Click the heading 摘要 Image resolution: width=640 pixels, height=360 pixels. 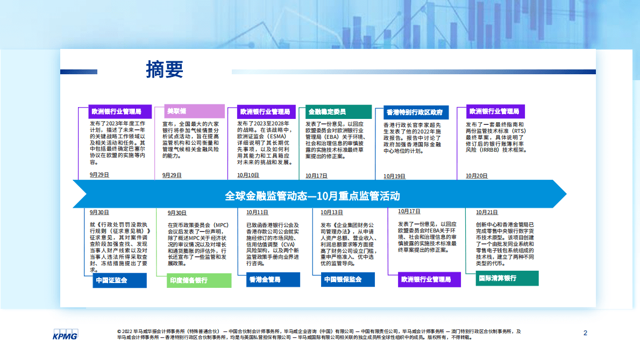click(x=165, y=69)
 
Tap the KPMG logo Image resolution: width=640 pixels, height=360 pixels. click(x=65, y=334)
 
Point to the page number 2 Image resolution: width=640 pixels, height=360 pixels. click(x=585, y=333)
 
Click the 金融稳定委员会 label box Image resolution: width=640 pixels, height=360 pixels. click(x=338, y=112)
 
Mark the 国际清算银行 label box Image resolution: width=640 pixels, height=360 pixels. click(x=507, y=278)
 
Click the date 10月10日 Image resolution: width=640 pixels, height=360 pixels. click(x=248, y=175)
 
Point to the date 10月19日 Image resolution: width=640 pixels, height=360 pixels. click(x=394, y=176)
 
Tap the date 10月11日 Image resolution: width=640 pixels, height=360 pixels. click(x=257, y=213)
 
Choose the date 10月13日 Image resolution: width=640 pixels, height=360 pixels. click(x=331, y=213)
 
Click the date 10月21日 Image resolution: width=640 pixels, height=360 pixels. click(x=487, y=213)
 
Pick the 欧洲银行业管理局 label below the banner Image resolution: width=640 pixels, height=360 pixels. click(x=429, y=280)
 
